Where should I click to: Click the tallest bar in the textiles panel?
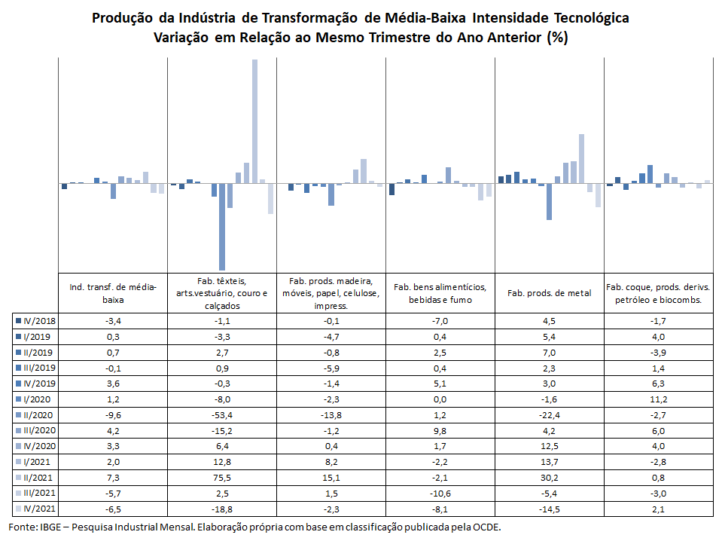(254, 121)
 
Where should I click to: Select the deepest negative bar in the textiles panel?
(222, 227)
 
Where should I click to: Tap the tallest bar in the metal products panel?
(581, 158)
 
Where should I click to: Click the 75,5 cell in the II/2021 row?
(222, 478)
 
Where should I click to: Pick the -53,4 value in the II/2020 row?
(222, 415)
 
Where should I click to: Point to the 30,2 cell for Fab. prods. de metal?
(550, 478)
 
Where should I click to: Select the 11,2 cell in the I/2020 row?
(659, 399)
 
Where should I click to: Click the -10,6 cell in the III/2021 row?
(440, 494)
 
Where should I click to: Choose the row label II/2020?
(38, 415)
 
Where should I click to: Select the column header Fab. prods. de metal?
(550, 293)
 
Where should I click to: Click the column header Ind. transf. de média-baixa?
(113, 293)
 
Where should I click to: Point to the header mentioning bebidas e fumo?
(440, 293)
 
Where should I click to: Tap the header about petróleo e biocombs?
(659, 293)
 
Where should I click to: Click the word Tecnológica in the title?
(591, 18)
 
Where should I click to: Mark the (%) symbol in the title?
(558, 38)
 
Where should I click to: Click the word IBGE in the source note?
(50, 527)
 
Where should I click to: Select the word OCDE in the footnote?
(488, 527)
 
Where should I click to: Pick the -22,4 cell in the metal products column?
(550, 415)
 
